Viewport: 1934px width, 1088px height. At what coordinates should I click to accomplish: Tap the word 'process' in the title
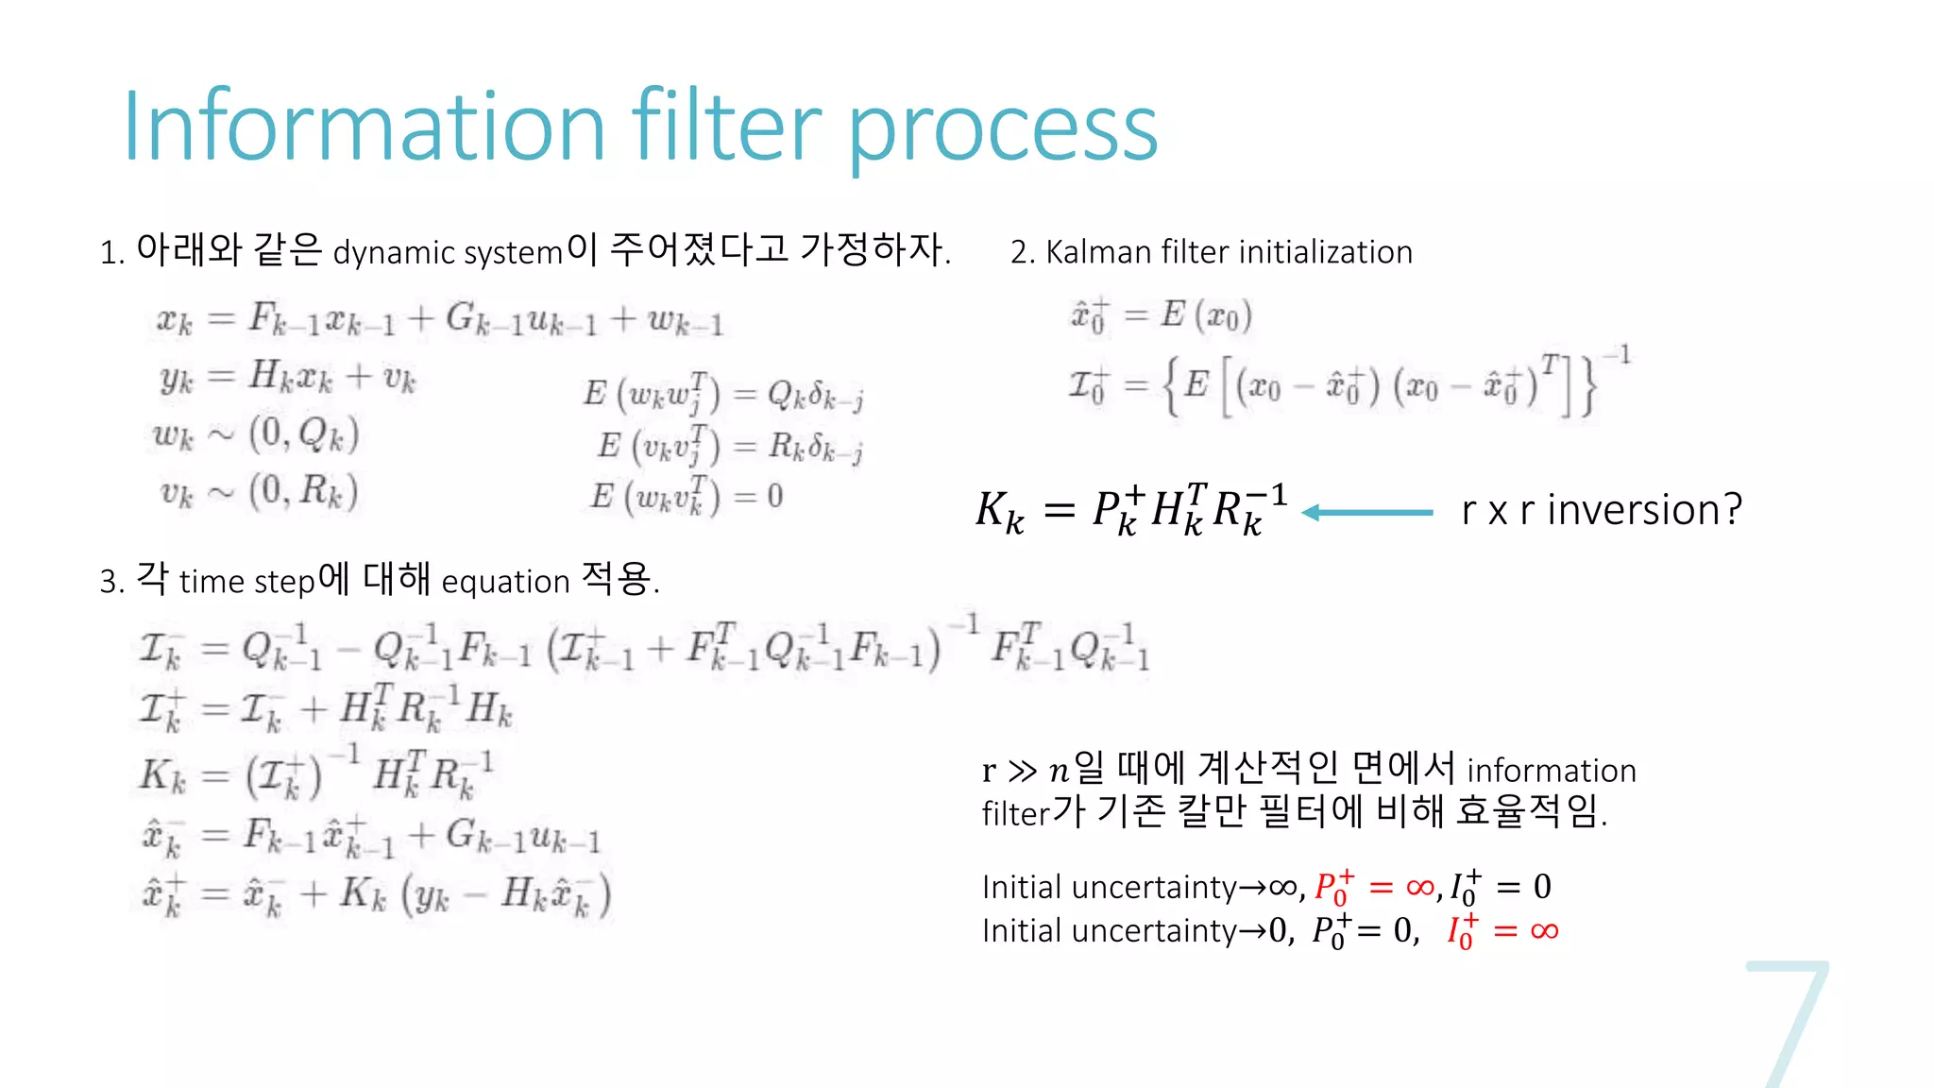click(x=1003, y=132)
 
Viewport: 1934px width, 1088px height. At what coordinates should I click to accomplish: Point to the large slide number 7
click(x=1788, y=1025)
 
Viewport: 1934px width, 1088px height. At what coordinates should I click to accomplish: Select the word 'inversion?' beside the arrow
click(x=1644, y=510)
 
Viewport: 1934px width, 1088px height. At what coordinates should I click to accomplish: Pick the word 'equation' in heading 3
click(x=505, y=582)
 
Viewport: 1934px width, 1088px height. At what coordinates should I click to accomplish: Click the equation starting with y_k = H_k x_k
click(x=288, y=378)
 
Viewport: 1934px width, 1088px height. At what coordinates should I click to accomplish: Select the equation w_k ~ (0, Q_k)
click(x=256, y=434)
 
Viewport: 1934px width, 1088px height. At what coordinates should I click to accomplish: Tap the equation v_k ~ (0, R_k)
click(x=258, y=492)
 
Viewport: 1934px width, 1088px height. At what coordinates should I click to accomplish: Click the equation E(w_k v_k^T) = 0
click(x=687, y=496)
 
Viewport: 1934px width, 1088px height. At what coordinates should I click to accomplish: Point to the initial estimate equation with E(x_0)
click(x=1161, y=315)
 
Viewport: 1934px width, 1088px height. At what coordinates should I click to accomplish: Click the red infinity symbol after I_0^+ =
click(x=1545, y=931)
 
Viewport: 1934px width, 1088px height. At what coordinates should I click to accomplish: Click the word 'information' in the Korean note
click(x=1552, y=771)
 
